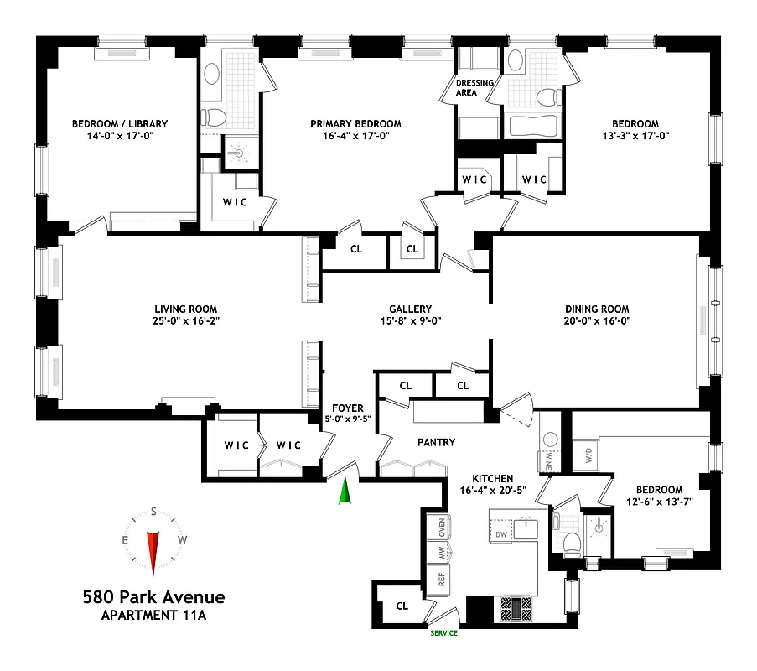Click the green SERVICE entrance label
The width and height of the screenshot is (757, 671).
point(443,633)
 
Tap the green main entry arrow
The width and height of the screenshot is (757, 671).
point(344,492)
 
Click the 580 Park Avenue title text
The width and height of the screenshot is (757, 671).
point(153,598)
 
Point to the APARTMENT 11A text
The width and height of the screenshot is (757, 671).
point(153,616)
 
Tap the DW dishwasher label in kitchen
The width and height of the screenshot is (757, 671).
point(501,534)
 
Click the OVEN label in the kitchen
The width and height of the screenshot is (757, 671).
point(441,528)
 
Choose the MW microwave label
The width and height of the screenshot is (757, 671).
point(441,554)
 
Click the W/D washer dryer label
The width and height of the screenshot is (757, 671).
point(588,458)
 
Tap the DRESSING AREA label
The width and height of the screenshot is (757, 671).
point(474,87)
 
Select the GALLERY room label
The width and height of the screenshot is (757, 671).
point(410,309)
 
